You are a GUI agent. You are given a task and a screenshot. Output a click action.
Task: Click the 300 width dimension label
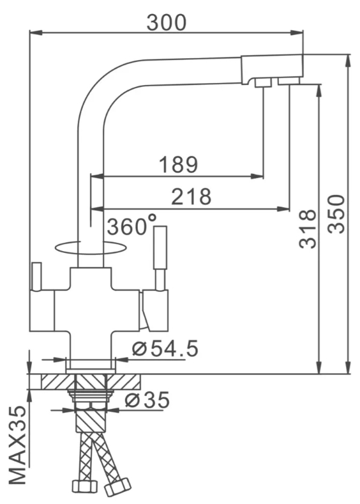point(167,22)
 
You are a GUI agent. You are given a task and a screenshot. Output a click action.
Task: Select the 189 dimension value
point(178,165)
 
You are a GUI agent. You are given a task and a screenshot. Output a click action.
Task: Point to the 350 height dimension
point(336,214)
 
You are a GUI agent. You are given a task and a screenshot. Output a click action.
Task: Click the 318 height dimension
point(308,229)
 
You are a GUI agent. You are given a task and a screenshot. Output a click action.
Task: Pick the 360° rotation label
point(131,225)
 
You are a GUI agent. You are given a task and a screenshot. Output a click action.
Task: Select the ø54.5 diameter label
point(165,349)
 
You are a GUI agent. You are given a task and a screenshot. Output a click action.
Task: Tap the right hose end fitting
point(117,488)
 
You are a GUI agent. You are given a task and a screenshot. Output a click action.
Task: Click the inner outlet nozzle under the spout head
point(262,82)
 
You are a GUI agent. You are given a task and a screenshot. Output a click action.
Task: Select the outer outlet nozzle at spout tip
point(289,81)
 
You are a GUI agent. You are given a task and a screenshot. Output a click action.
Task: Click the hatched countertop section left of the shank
point(54,381)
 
